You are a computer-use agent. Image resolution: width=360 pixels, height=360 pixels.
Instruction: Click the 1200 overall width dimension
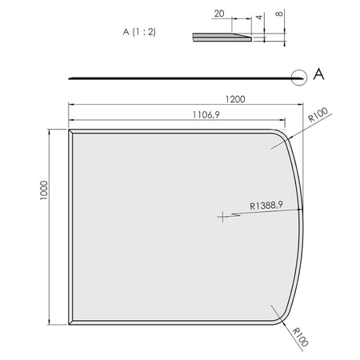pos(234,99)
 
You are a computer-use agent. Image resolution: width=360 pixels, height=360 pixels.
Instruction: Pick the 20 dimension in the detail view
pos(218,14)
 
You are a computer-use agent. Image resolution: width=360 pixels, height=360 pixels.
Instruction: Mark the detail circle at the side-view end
pos(299,78)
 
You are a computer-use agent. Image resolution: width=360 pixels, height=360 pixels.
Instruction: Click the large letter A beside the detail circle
pos(319,74)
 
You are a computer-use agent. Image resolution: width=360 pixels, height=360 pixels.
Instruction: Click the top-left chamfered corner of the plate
pos(71,133)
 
